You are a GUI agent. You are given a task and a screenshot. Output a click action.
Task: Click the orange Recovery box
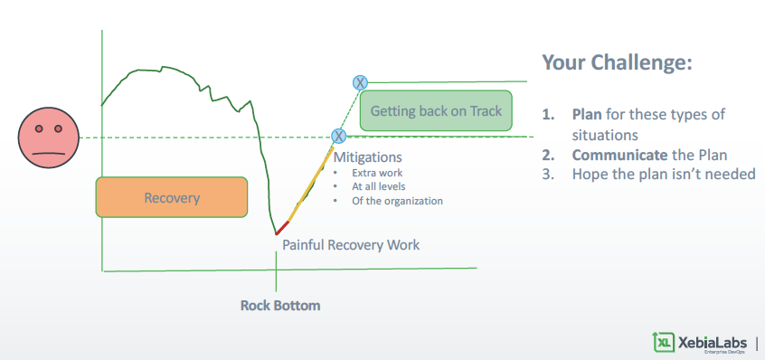pos(172,197)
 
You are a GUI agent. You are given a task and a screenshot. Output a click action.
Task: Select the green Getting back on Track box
pos(436,110)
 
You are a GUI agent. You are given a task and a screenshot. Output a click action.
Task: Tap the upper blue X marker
pos(360,82)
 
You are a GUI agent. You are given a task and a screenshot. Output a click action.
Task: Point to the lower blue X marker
pos(338,136)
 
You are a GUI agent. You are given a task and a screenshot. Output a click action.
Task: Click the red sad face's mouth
pos(48,153)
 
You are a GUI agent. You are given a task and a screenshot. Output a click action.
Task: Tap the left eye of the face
pos(39,128)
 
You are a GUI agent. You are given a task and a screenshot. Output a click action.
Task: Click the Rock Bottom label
pos(280,306)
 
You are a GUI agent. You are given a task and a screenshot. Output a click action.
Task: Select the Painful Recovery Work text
pos(351,244)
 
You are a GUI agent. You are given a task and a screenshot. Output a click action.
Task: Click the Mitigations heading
pos(367,157)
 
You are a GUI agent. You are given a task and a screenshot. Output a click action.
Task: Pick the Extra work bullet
pos(377,173)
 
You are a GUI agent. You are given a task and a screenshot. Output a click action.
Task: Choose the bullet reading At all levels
pos(379,186)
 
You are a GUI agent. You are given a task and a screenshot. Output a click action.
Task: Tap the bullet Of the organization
pos(397,201)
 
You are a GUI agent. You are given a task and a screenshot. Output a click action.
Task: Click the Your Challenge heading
pos(618,62)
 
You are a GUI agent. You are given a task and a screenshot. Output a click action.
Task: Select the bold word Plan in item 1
pos(587,114)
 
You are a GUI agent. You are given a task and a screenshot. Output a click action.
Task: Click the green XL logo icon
pos(664,342)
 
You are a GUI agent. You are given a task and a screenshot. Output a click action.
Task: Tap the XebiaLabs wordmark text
pos(713,342)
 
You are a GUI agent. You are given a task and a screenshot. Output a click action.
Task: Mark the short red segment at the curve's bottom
pos(282,228)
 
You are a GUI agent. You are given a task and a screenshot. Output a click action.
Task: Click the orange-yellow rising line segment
pos(311,184)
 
